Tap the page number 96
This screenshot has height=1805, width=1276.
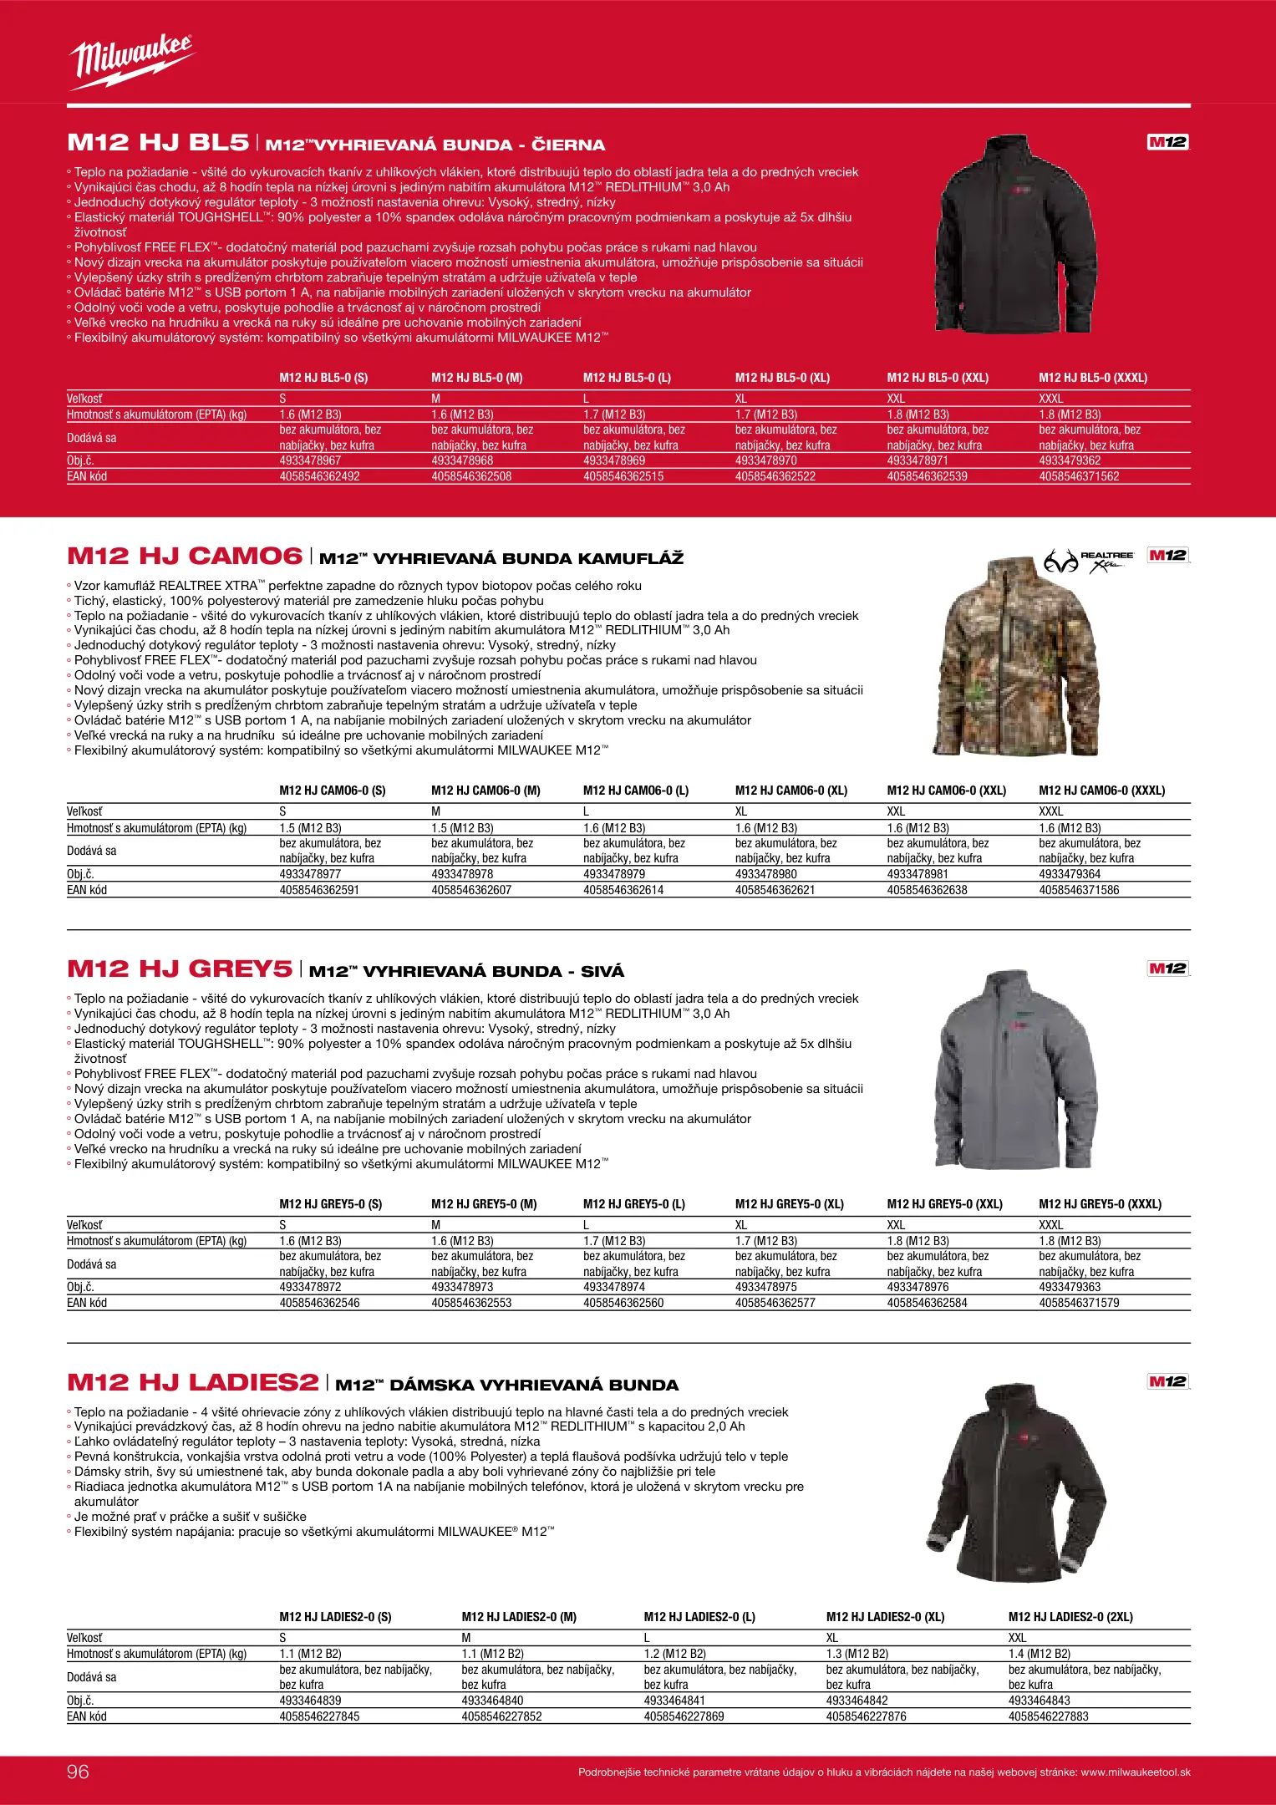coord(78,1771)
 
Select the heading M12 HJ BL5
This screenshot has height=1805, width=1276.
coord(158,143)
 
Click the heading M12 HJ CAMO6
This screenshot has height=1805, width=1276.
coord(185,557)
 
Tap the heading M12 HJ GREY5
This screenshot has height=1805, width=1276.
coord(180,969)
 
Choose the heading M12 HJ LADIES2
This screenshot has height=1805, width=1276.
coord(193,1383)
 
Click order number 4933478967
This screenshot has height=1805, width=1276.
coord(310,460)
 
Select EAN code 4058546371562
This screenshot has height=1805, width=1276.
coord(1079,476)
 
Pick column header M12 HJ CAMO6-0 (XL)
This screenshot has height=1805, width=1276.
coord(791,791)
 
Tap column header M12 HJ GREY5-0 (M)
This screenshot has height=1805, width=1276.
coord(484,1204)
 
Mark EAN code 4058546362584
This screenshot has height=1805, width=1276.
coord(927,1303)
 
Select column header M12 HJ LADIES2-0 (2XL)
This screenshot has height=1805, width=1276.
coord(1070,1617)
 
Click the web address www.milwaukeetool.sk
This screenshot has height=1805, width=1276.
coord(1136,1772)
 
